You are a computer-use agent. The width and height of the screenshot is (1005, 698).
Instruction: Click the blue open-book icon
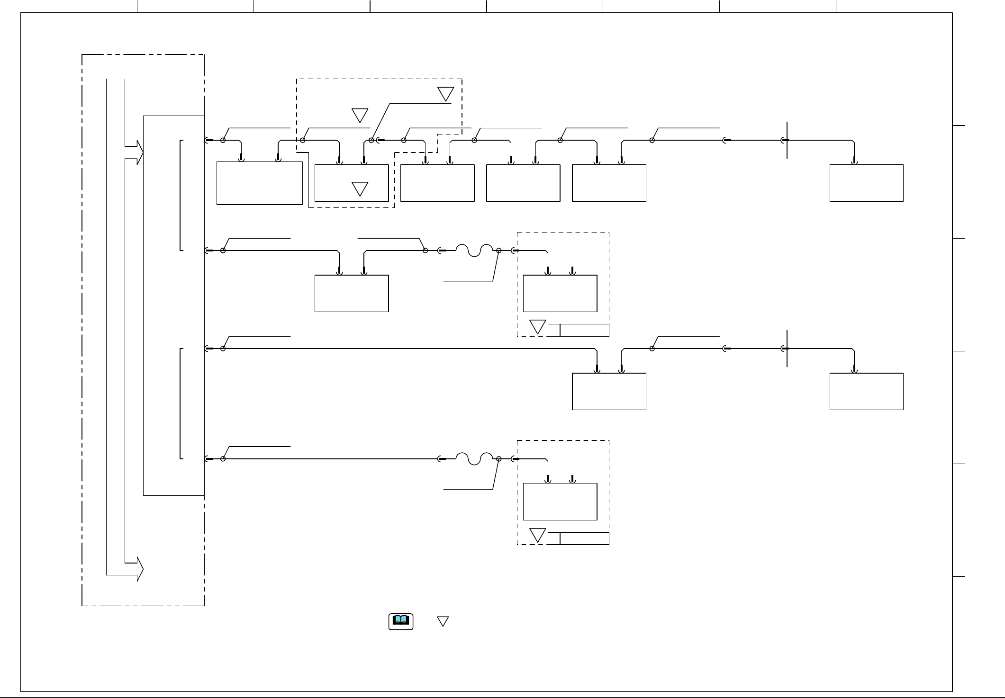[401, 621]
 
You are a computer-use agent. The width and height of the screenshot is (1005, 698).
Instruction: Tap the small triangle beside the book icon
[443, 621]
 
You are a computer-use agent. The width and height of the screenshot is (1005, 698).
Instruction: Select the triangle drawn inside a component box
[360, 188]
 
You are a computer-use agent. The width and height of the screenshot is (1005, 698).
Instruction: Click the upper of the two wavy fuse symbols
[474, 250]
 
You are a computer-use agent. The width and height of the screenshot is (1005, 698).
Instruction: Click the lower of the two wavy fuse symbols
[474, 458]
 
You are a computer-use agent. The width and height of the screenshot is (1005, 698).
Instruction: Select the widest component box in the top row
[260, 183]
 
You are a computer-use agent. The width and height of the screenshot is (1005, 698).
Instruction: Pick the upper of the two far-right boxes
[866, 183]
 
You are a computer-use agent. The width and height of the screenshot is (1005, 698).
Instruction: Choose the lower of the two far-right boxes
[866, 391]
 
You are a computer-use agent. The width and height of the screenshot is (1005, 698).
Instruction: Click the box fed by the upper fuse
[560, 293]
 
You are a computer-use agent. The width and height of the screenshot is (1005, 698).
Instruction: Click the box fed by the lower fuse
[560, 501]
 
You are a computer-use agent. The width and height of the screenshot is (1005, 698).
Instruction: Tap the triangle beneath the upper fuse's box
[537, 326]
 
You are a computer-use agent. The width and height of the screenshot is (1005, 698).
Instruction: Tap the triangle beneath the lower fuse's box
[537, 535]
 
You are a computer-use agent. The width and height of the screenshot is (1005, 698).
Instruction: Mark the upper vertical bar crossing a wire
[787, 140]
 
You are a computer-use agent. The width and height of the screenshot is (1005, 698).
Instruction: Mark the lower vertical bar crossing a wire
[787, 349]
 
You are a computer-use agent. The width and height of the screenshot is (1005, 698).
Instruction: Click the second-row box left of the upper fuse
[352, 293]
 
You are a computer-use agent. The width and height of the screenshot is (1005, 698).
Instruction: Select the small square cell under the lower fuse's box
[554, 538]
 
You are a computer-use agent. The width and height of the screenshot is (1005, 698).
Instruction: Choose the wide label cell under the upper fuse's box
[584, 330]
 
